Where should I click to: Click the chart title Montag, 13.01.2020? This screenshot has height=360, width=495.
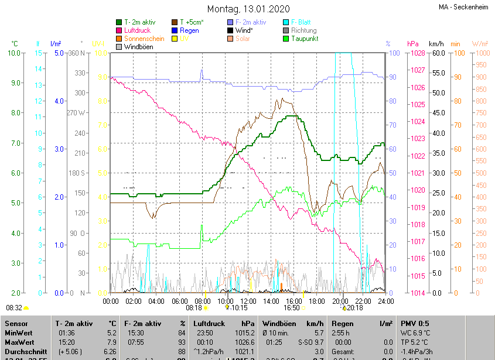coord(247,9)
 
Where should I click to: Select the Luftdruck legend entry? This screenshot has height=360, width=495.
coord(137,30)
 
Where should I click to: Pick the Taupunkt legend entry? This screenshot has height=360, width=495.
coord(305,39)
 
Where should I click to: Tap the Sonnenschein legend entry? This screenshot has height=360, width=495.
coord(144,39)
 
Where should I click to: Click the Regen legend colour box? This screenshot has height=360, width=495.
coord(175,30)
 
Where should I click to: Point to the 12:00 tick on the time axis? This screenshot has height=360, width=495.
coord(248,301)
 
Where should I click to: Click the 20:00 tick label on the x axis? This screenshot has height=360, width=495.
coord(340,301)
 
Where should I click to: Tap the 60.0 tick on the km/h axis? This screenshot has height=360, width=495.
coord(437,53)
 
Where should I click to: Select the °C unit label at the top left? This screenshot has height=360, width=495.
coord(15,44)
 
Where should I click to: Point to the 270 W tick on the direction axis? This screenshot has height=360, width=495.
coord(76,113)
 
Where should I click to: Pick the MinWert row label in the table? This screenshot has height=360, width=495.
coord(19,332)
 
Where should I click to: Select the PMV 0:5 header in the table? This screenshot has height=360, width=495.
coord(415,323)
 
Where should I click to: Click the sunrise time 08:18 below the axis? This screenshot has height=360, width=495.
coord(194,307)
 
